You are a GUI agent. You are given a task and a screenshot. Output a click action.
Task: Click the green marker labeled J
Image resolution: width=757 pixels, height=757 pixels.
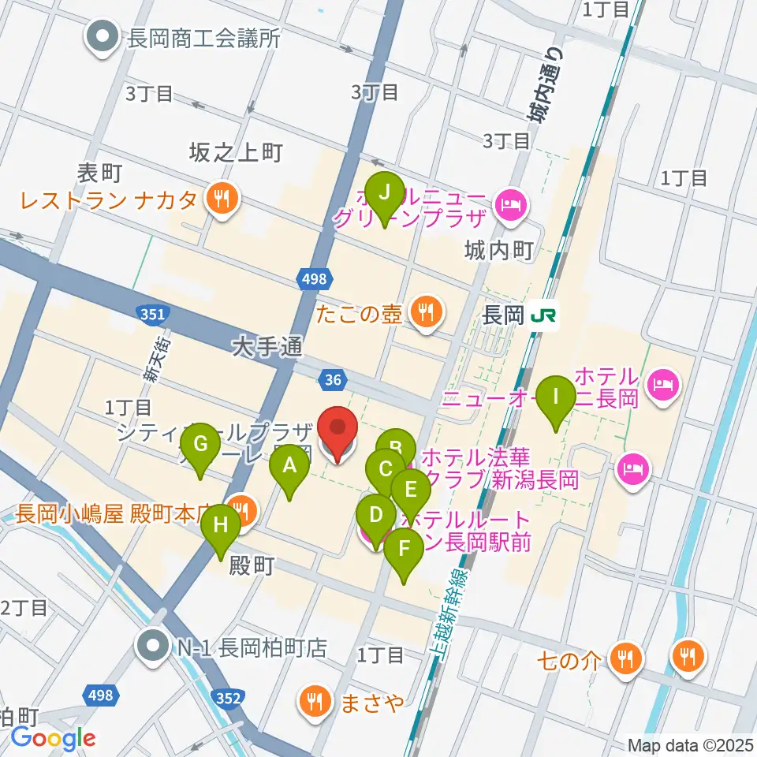tap(385, 194)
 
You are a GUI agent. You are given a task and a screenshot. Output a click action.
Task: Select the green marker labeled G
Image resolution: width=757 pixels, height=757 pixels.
tap(201, 446)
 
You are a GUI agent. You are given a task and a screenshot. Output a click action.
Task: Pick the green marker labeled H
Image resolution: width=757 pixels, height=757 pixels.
tap(222, 527)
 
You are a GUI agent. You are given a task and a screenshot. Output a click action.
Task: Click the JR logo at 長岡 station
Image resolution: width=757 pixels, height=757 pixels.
tap(543, 315)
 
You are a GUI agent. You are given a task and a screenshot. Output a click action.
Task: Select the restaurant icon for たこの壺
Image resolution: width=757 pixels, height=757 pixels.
tap(426, 314)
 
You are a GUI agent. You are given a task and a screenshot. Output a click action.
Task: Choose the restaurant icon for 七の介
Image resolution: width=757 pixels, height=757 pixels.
tap(626, 657)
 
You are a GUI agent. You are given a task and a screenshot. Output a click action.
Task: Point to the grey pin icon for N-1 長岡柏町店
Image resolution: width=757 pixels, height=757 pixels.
tap(151, 648)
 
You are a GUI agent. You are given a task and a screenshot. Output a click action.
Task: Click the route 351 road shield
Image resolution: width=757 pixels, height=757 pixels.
tap(152, 314)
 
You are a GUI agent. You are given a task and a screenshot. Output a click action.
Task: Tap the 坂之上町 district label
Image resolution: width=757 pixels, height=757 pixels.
tap(235, 153)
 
